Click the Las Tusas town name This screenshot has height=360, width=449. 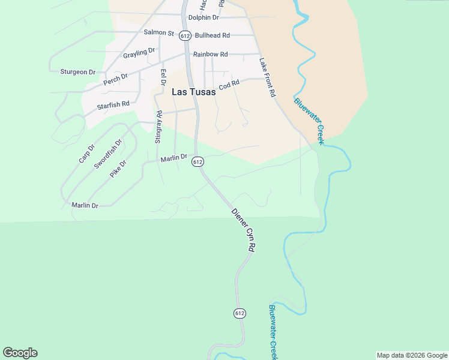pyautogui.click(x=193, y=92)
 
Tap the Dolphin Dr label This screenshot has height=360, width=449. pyautogui.click(x=203, y=17)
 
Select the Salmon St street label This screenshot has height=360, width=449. pyautogui.click(x=158, y=32)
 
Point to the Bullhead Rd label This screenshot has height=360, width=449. pyautogui.click(x=212, y=35)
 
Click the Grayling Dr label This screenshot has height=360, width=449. pyautogui.click(x=139, y=53)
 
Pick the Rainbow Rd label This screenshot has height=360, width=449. pyautogui.click(x=210, y=54)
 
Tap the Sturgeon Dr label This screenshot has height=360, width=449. pyautogui.click(x=77, y=72)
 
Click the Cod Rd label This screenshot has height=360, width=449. pyautogui.click(x=229, y=85)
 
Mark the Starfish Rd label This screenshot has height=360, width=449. pyautogui.click(x=113, y=105)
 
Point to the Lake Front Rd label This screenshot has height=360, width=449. pyautogui.click(x=267, y=77)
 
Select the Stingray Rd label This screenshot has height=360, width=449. pyautogui.click(x=158, y=127)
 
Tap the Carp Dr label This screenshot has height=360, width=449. pyautogui.click(x=87, y=154)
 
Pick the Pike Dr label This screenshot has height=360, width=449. pyautogui.click(x=118, y=169)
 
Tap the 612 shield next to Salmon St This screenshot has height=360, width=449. pyautogui.click(x=185, y=35)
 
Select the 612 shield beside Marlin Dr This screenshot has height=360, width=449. pyautogui.click(x=198, y=162)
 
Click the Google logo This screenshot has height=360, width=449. pyautogui.click(x=20, y=353)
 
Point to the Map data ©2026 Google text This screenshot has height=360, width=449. pyautogui.click(x=412, y=355)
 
